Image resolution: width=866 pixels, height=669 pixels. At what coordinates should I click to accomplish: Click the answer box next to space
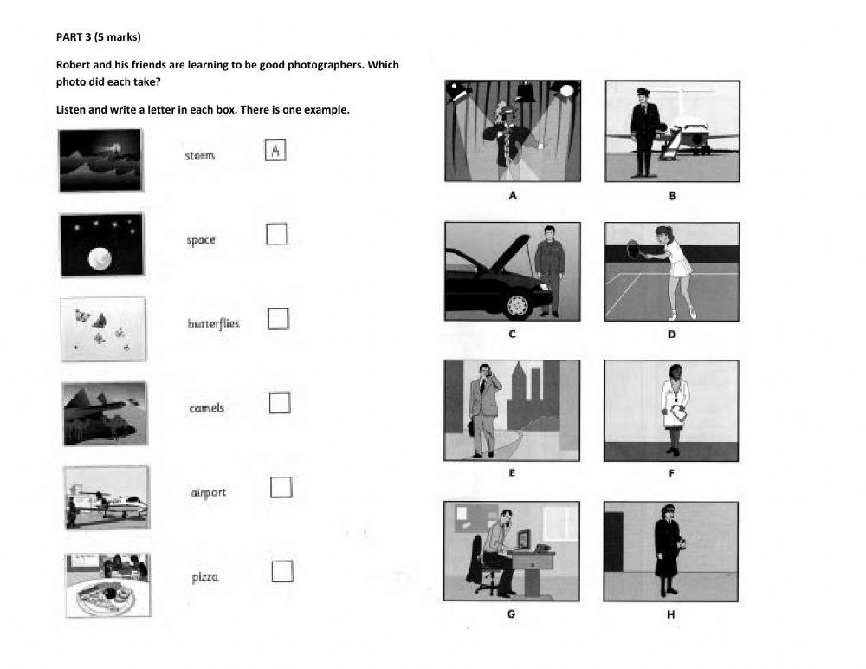[x=276, y=234]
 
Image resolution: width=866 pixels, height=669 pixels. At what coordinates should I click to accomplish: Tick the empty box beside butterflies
[x=278, y=319]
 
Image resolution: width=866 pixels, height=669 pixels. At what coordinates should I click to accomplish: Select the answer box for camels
[x=279, y=403]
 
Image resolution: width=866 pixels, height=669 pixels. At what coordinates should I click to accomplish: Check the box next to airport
[x=281, y=487]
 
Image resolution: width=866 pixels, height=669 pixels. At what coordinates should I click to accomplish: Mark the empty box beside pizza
[x=282, y=571]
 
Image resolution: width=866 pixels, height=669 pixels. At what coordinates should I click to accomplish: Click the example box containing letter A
[x=275, y=151]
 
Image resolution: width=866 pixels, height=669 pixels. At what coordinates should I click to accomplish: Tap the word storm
[x=199, y=156]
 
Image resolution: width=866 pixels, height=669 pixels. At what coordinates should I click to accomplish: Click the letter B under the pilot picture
[x=672, y=196]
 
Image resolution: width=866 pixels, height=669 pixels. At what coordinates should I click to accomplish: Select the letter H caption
[x=671, y=614]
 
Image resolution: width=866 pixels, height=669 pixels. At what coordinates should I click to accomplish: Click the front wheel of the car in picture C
[x=517, y=304]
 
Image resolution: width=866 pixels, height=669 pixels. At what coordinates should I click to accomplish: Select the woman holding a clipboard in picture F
[x=674, y=406]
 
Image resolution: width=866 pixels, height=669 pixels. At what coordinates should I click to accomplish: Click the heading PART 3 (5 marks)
[x=98, y=37]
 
